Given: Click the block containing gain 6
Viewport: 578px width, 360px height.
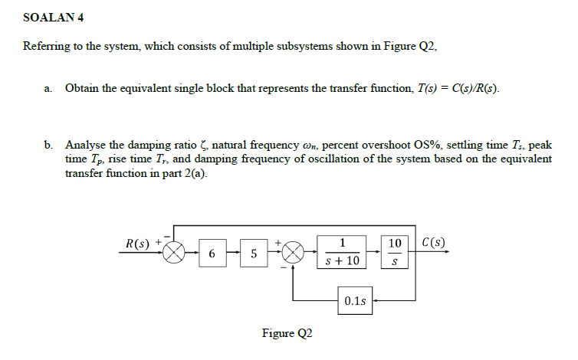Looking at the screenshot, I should point(212,253).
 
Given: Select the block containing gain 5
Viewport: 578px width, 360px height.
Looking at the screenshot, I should point(253,253).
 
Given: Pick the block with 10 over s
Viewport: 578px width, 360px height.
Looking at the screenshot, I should point(395,252).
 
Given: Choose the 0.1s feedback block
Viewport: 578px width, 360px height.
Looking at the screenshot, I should point(354,300).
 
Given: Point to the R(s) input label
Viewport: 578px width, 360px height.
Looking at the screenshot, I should point(138,244).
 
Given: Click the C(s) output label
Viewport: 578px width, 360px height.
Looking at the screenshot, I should point(433,244).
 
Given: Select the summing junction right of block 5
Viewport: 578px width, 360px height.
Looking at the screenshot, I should point(294,253).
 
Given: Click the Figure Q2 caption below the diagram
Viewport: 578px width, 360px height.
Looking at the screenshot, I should point(287,333).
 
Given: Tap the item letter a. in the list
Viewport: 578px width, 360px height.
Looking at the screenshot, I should point(48,89).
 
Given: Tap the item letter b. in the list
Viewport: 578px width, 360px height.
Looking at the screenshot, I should point(48,144).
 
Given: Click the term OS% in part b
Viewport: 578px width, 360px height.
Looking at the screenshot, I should point(426,144).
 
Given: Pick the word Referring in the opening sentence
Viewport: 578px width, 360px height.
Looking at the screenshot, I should point(45,47).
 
